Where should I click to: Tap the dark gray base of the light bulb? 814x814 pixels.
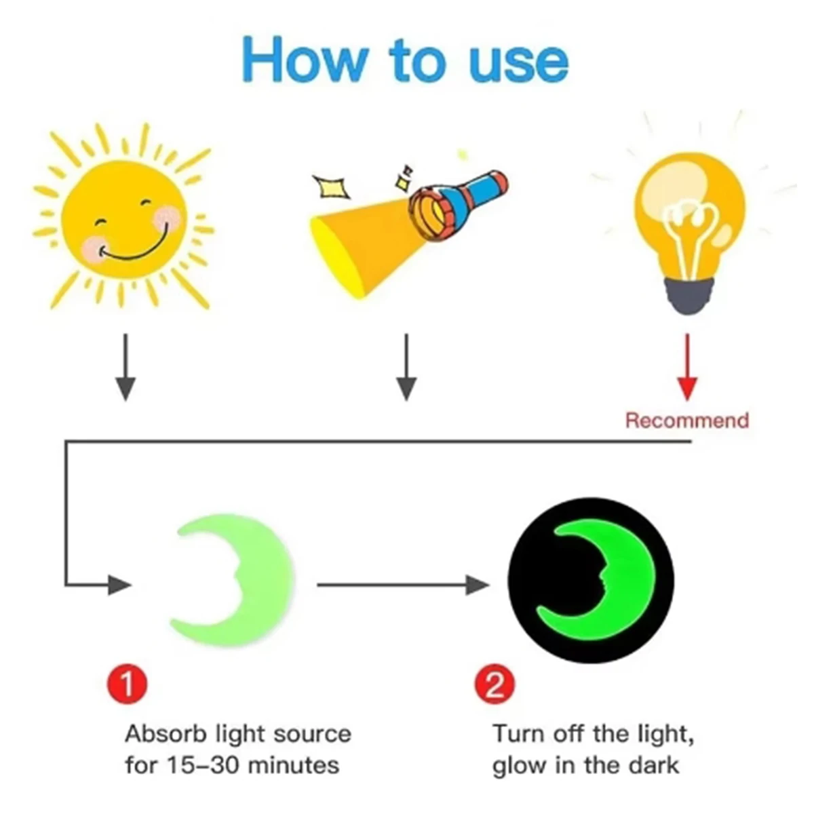pyautogui.click(x=688, y=295)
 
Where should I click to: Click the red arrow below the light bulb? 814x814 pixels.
pyautogui.click(x=687, y=367)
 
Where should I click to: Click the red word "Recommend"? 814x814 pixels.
pyautogui.click(x=687, y=421)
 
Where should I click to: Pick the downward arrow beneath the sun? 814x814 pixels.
pyautogui.click(x=125, y=367)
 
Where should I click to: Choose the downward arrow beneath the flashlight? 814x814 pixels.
pyautogui.click(x=406, y=367)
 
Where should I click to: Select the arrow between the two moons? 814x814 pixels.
pyautogui.click(x=404, y=585)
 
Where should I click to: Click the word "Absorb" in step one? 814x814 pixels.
pyautogui.click(x=166, y=734)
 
